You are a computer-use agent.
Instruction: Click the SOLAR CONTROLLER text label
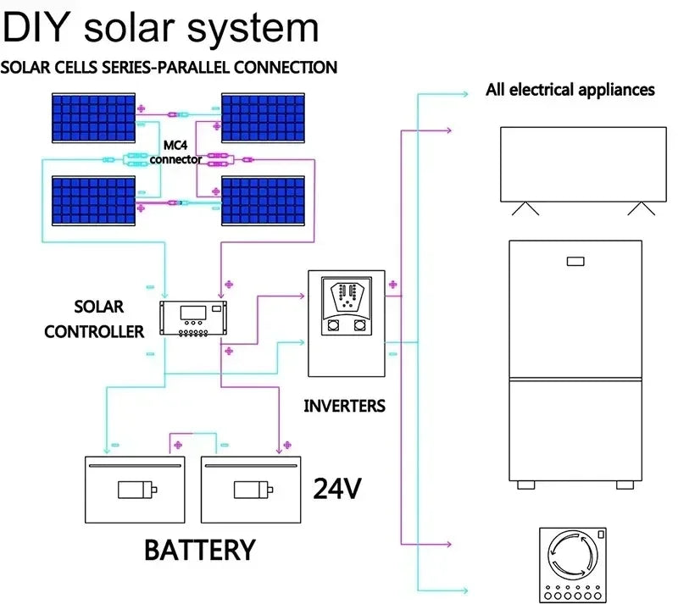tap(95, 319)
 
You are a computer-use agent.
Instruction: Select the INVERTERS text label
tap(344, 406)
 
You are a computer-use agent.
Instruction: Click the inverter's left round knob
tap(332, 324)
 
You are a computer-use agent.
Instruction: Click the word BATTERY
tap(199, 549)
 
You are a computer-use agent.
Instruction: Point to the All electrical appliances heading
tap(570, 89)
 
